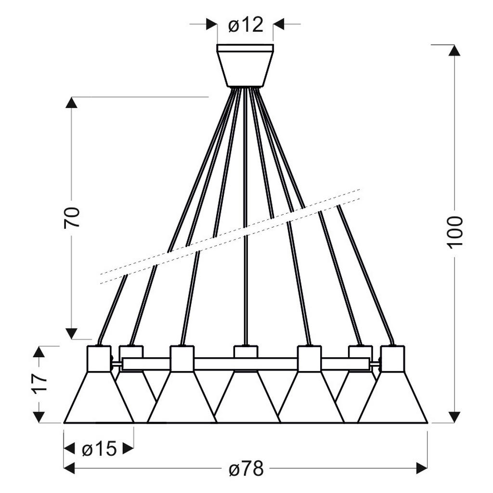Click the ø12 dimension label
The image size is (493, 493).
point(246,25)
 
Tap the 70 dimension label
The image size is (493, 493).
point(72,217)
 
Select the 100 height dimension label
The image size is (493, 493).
point(455,232)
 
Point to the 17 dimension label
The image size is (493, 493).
point(39,382)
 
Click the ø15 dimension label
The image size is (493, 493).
point(99,449)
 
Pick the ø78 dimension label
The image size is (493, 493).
point(246,469)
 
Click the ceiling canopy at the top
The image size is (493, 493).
point(245,65)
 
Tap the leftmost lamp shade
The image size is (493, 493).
point(99,398)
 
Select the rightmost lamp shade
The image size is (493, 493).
point(393,398)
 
